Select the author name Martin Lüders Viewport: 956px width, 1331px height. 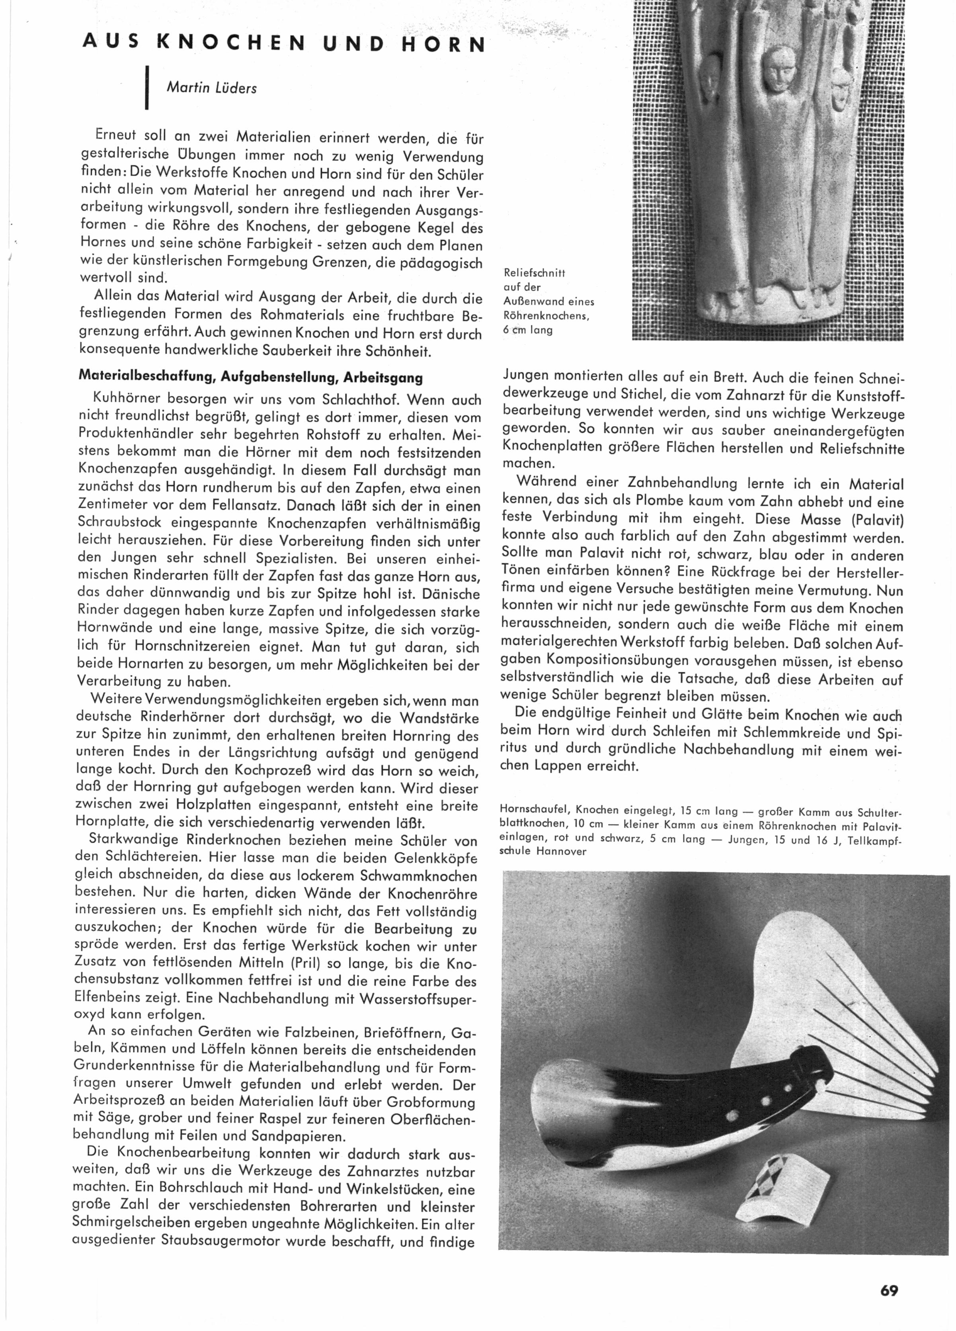click(x=212, y=88)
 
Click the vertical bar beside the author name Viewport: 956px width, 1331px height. click(x=146, y=88)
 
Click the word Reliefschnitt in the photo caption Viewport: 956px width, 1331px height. click(x=534, y=273)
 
